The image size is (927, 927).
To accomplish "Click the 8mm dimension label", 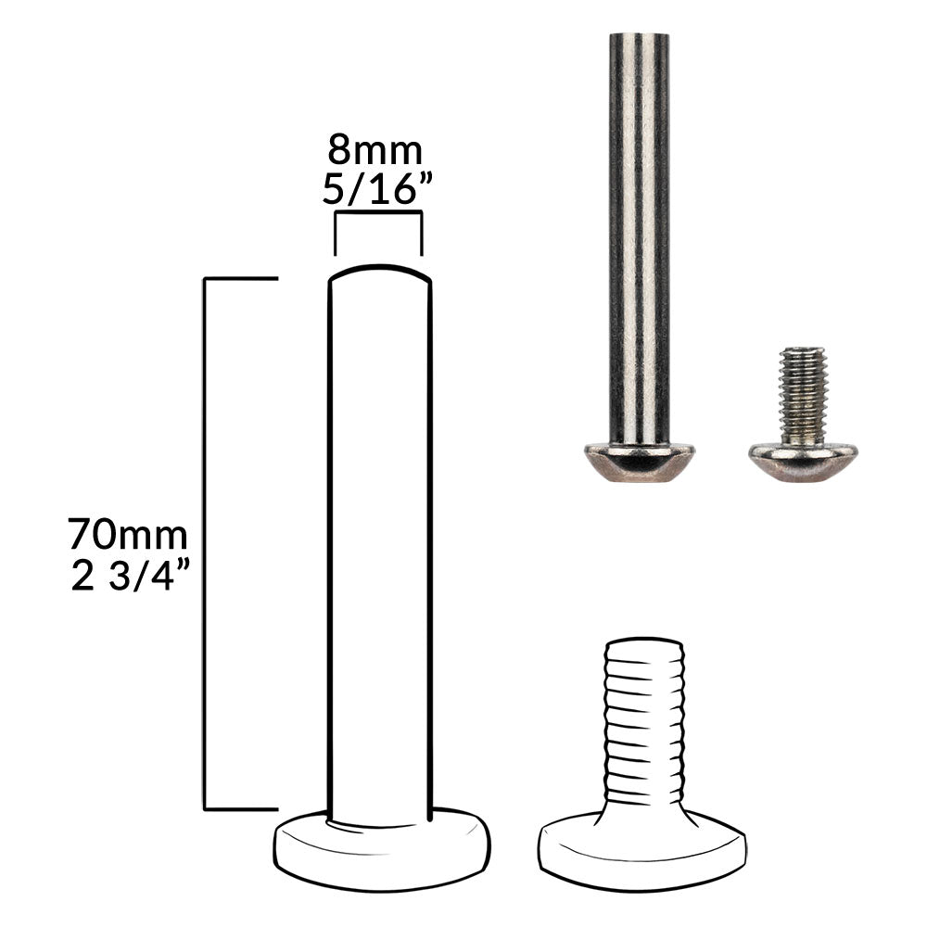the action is (x=375, y=150).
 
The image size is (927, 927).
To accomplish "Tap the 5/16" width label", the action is (x=375, y=188).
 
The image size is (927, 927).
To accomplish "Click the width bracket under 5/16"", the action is (x=378, y=211).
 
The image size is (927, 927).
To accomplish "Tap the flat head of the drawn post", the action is (x=382, y=848).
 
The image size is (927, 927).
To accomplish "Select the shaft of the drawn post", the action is (x=380, y=547).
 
